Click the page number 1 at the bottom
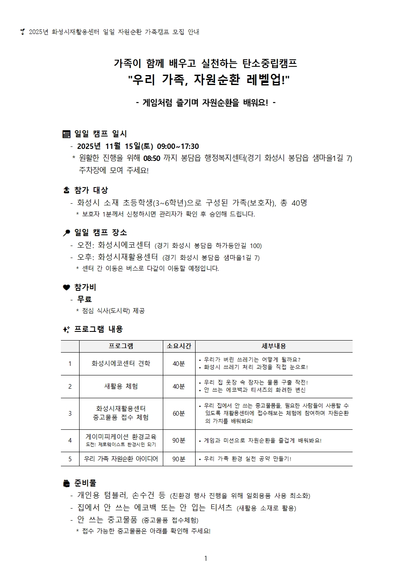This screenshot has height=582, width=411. [x=205, y=558]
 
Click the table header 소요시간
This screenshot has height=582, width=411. [x=179, y=346]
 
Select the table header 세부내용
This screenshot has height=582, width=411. [x=273, y=346]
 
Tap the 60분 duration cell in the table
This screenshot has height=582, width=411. [x=179, y=414]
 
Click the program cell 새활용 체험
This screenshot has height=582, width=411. [x=121, y=386]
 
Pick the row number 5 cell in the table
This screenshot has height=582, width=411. [x=70, y=459]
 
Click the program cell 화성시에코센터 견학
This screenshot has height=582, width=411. [x=121, y=363]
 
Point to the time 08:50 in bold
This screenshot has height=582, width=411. [x=151, y=158]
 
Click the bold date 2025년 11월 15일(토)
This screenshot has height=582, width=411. [x=115, y=146]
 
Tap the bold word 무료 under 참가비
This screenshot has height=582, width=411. [x=85, y=299]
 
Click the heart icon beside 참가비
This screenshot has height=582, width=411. [x=66, y=287]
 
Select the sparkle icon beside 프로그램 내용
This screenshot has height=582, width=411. [x=66, y=329]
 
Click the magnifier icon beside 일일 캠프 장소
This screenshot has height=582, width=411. [x=66, y=233]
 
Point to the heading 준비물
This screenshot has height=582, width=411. [x=85, y=483]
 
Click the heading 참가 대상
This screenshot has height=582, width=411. [x=91, y=190]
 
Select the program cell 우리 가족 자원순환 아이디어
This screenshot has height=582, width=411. [x=121, y=459]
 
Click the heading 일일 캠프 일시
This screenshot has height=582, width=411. [x=100, y=134]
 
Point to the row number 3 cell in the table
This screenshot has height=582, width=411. [x=70, y=414]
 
